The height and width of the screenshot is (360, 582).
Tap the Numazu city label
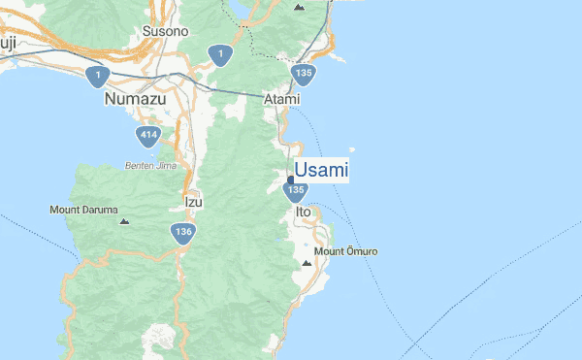click(136, 99)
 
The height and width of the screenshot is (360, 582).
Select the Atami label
click(282, 99)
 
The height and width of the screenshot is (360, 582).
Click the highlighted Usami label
click(321, 171)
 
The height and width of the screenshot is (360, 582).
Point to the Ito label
click(303, 211)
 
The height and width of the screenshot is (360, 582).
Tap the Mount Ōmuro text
click(346, 252)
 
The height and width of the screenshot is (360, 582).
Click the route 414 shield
click(148, 136)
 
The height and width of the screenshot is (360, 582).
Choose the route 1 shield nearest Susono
click(221, 54)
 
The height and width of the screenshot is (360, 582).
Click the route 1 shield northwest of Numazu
click(96, 75)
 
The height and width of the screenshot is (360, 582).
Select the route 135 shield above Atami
click(305, 73)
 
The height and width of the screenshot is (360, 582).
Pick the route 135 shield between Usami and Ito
click(296, 193)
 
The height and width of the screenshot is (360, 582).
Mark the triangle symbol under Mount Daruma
click(123, 222)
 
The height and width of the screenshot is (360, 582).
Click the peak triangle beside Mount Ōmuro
click(307, 262)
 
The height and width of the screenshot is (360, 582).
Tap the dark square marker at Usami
click(290, 180)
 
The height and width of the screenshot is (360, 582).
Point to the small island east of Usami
click(351, 149)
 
